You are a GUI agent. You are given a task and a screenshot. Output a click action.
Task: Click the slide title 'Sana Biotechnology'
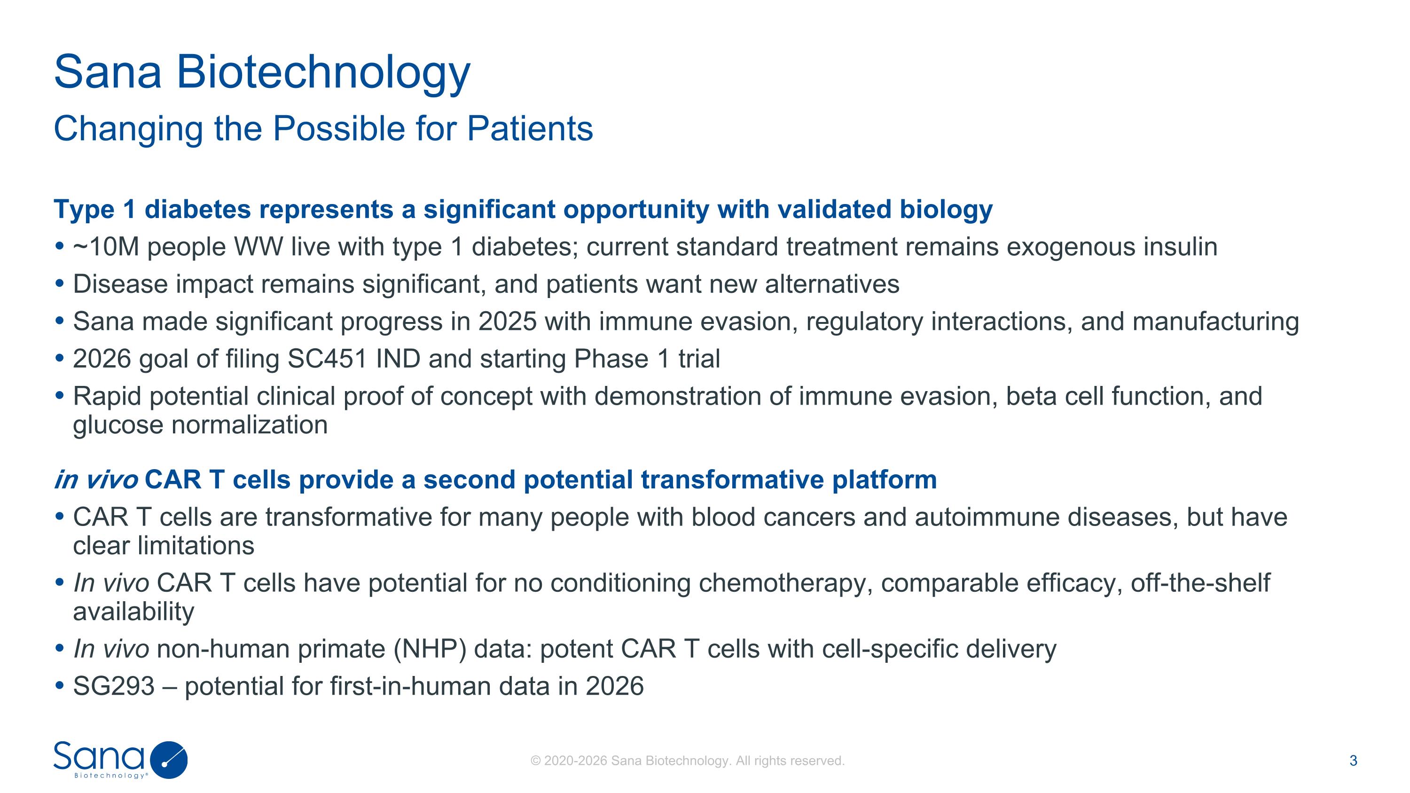pyautogui.click(x=262, y=72)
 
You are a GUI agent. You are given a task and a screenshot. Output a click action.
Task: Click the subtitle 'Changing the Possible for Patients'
pyautogui.click(x=323, y=129)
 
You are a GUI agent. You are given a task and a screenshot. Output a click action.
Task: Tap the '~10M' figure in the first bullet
pyautogui.click(x=106, y=247)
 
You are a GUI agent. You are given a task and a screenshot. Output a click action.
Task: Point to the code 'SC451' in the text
pyautogui.click(x=327, y=359)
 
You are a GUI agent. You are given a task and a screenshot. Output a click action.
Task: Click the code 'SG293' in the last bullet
pyautogui.click(x=114, y=686)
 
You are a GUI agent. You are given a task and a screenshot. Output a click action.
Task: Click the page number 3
pyautogui.click(x=1354, y=761)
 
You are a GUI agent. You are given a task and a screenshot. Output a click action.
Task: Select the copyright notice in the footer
pyautogui.click(x=688, y=761)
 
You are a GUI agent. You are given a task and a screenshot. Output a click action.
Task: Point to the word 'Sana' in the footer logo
pyautogui.click(x=99, y=756)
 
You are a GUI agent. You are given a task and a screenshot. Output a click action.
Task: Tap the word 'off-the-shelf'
pyautogui.click(x=1200, y=583)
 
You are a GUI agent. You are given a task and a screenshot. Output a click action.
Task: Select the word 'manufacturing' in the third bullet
pyautogui.click(x=1216, y=322)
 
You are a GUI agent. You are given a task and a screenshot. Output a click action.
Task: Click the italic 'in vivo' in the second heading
pyautogui.click(x=96, y=480)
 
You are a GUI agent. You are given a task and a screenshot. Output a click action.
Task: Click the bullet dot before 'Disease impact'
pyautogui.click(x=60, y=283)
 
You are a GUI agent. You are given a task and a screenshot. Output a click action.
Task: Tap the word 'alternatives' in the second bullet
pyautogui.click(x=832, y=284)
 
